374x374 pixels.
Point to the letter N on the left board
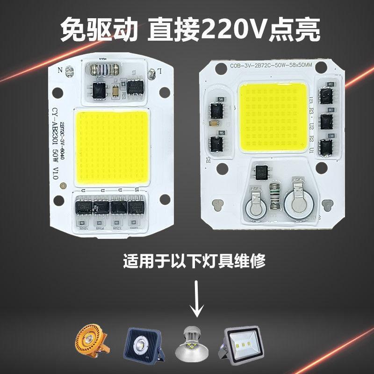[59, 71]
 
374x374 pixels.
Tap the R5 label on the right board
[208, 159]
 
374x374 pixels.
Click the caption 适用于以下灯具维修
[194, 260]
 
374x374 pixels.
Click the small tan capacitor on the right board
[213, 124]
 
